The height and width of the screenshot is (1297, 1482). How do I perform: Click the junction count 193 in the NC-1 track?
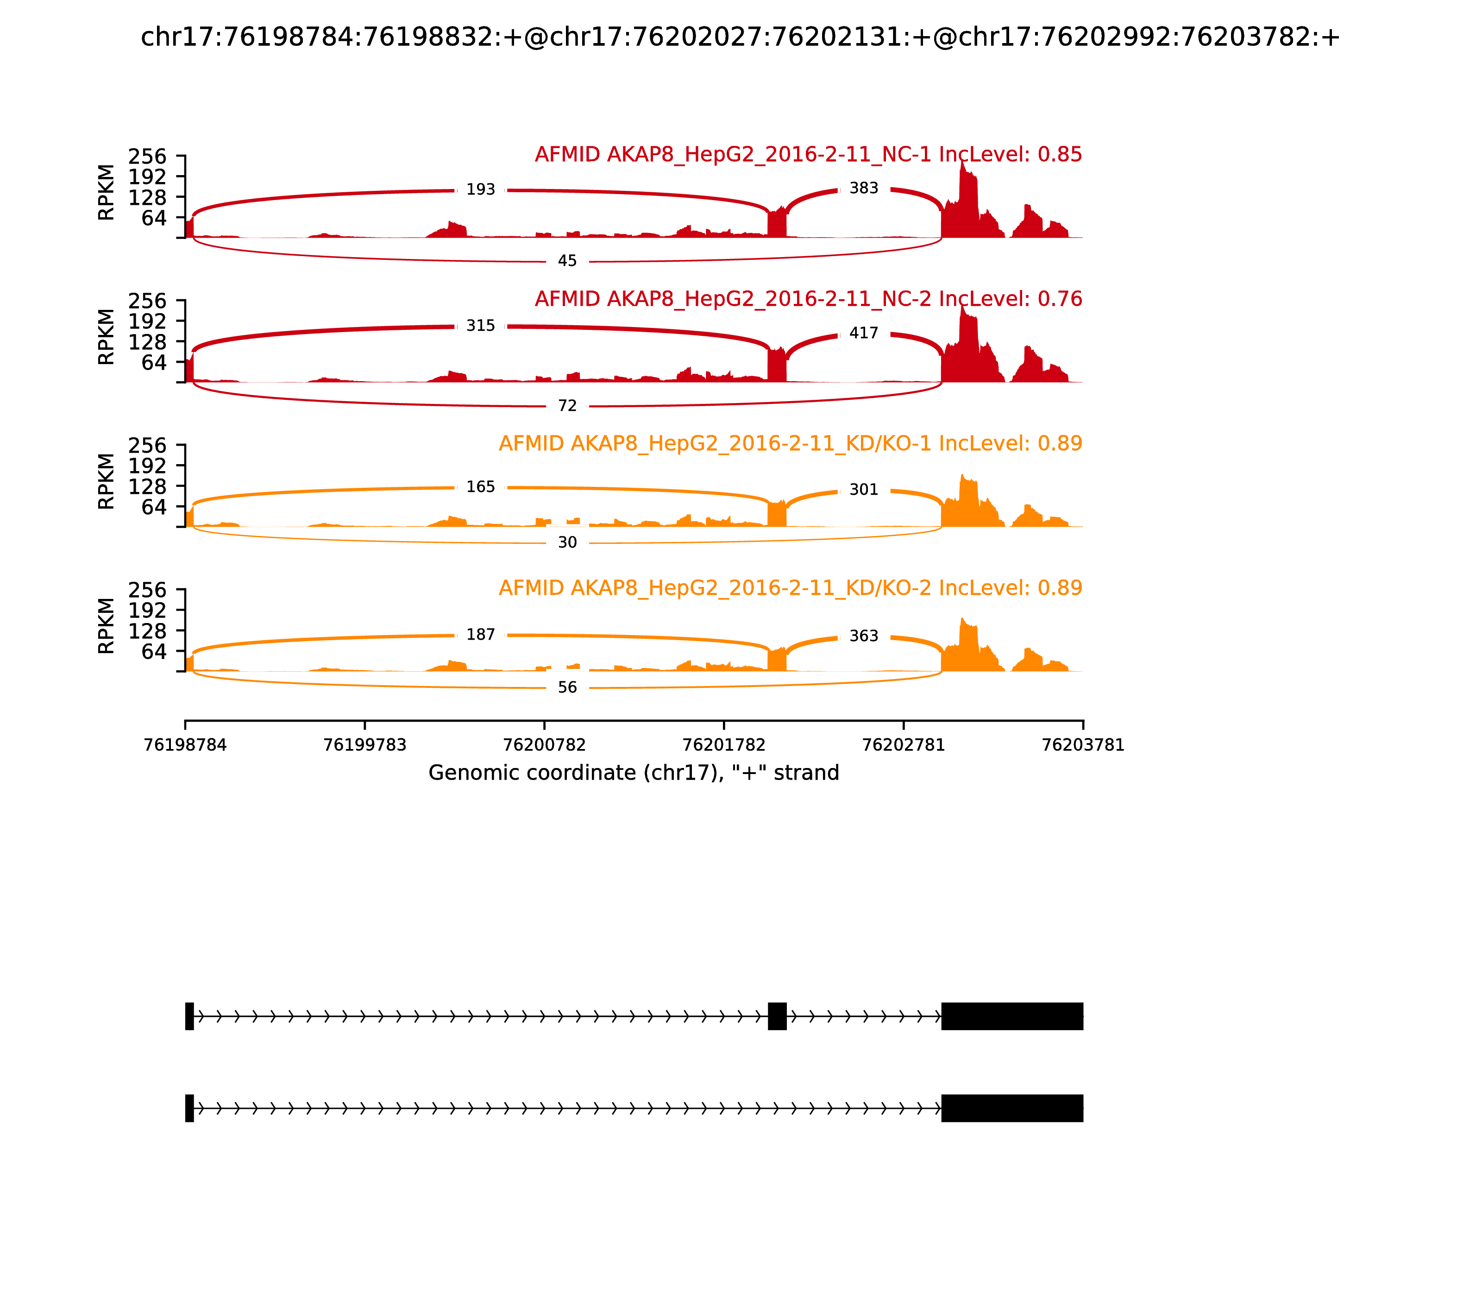[481, 189]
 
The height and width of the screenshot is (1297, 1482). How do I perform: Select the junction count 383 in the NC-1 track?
[863, 188]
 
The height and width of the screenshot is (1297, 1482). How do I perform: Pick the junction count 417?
[863, 333]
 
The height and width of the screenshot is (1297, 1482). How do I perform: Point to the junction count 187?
[481, 634]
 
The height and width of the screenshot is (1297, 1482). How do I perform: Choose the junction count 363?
[863, 636]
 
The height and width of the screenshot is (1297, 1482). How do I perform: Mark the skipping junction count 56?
[567, 687]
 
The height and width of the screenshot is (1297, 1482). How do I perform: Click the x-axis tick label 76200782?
[544, 745]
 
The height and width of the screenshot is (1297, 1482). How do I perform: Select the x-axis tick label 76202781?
[903, 745]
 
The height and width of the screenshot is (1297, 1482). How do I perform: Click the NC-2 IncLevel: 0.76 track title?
[808, 299]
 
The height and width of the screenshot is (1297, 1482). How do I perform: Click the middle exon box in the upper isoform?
[777, 1016]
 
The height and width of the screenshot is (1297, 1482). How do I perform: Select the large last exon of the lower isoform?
[1011, 1108]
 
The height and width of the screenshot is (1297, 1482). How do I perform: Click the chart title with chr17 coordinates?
[740, 37]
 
